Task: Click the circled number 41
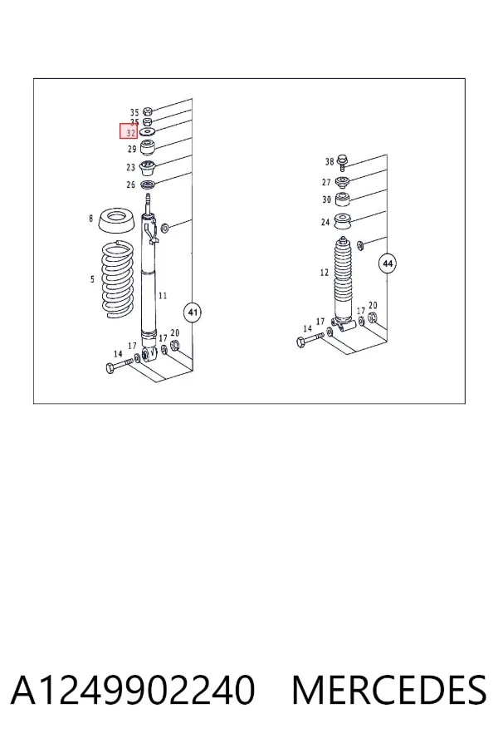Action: pyautogui.click(x=193, y=312)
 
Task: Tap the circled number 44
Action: pyautogui.click(x=388, y=263)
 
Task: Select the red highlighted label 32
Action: pyautogui.click(x=129, y=131)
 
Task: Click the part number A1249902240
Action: pyautogui.click(x=133, y=690)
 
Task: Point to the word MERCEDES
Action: pyautogui.click(x=389, y=690)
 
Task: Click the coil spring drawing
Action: pyautogui.click(x=117, y=280)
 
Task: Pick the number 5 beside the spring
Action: pyautogui.click(x=92, y=279)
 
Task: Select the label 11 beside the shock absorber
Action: pyautogui.click(x=163, y=296)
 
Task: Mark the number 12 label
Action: pyautogui.click(x=325, y=273)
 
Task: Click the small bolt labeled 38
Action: pyautogui.click(x=341, y=161)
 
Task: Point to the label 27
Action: pyautogui.click(x=326, y=182)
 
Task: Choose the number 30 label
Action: pyautogui.click(x=326, y=199)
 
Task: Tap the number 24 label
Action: pyautogui.click(x=325, y=222)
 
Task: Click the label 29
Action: pyautogui.click(x=132, y=149)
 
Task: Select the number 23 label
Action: pyautogui.click(x=131, y=167)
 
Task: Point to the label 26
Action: pyautogui.click(x=131, y=185)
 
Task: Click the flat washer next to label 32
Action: pyautogui.click(x=149, y=131)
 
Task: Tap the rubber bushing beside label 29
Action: pyautogui.click(x=149, y=147)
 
